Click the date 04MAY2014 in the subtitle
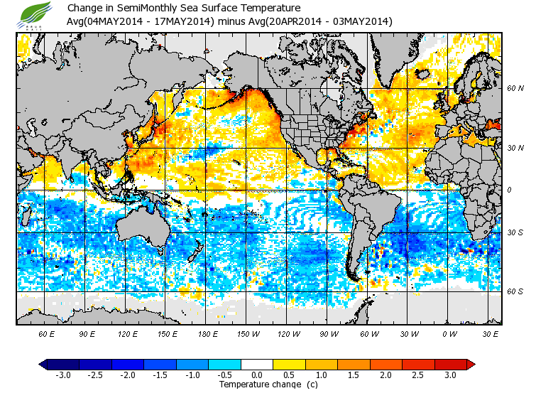pyautogui.click(x=111, y=21)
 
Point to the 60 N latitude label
pyautogui.click(x=515, y=89)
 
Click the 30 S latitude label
pyautogui.click(x=515, y=232)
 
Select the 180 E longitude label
pyautogui.click(x=208, y=333)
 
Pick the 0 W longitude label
pyautogui.click(x=449, y=333)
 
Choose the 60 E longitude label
pyautogui.click(x=47, y=333)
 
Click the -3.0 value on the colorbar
pyautogui.click(x=63, y=375)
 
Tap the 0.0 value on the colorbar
pyautogui.click(x=257, y=375)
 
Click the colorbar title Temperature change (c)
pyautogui.click(x=258, y=384)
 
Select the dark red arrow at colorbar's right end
pyautogui.click(x=470, y=364)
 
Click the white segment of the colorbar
pyautogui.click(x=257, y=364)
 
